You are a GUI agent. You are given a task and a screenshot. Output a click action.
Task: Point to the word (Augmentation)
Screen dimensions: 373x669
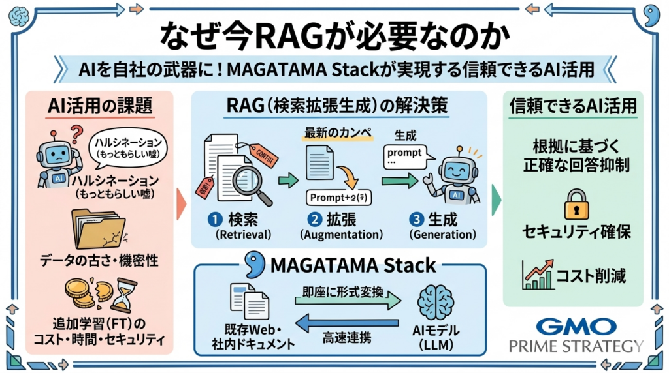tap(340, 234)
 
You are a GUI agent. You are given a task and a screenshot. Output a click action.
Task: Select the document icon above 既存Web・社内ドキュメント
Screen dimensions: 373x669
tap(249, 302)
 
